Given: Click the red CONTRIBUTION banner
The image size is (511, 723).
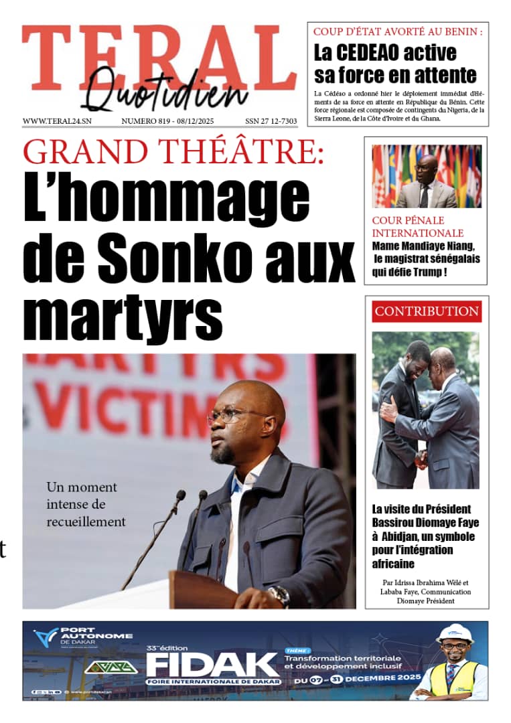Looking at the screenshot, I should click(x=427, y=311).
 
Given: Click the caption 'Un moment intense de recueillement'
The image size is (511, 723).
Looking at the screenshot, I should click(x=85, y=504).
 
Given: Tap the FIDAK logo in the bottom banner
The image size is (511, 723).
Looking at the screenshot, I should click(x=212, y=665).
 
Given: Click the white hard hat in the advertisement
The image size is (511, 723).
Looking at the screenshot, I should click(x=455, y=633).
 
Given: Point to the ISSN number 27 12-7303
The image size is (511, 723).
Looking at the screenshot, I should click(x=271, y=121).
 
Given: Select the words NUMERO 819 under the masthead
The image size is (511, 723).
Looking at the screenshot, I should click(x=144, y=121).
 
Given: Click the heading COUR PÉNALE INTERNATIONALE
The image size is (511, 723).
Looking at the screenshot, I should click(x=418, y=226).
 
